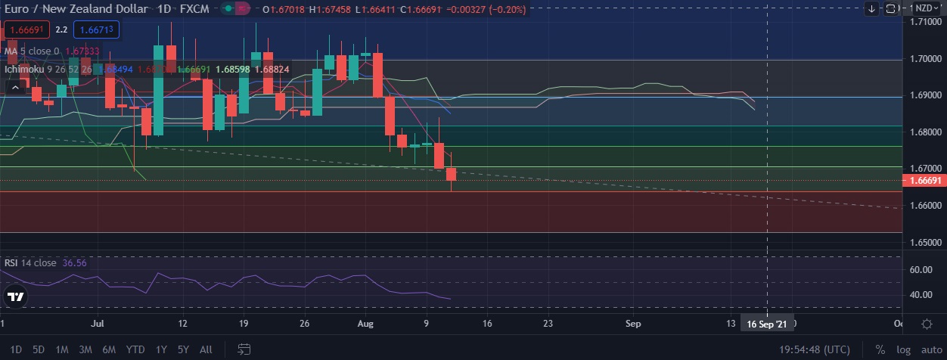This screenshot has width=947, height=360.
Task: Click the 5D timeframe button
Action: (39, 349)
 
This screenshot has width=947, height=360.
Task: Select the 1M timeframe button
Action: (62, 349)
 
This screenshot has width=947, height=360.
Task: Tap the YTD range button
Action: (135, 349)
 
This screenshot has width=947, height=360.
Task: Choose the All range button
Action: (206, 349)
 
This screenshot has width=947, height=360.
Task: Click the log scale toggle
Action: (903, 349)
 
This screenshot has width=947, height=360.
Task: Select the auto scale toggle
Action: (931, 349)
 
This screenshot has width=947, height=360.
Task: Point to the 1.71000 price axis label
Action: (924, 23)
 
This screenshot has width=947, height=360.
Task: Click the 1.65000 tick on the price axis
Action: (924, 244)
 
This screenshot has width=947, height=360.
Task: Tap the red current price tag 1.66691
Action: (924, 182)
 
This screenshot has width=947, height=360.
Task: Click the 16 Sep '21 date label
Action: (766, 324)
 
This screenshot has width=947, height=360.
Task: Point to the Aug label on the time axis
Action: (365, 324)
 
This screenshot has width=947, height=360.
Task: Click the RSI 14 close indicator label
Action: (30, 263)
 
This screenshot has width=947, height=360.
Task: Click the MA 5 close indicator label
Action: (29, 51)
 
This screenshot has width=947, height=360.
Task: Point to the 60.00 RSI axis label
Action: (920, 270)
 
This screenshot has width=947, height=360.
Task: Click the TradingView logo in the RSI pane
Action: (14, 297)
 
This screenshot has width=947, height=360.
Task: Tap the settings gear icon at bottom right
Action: (927, 324)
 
